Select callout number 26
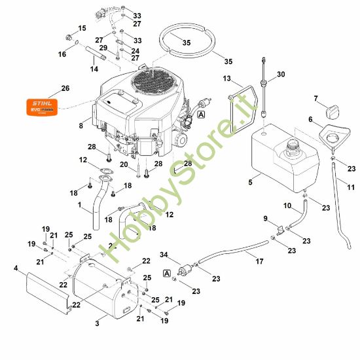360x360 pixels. click(65, 88)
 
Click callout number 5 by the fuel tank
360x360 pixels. click(250, 182)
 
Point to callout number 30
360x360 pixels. click(281, 75)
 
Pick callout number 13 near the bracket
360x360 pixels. click(226, 79)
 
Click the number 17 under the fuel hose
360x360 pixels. click(259, 261)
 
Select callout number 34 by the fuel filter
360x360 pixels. click(164, 255)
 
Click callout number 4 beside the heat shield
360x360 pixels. click(16, 268)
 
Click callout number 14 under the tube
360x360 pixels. click(94, 69)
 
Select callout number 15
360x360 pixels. click(82, 28)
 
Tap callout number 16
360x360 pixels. click(63, 54)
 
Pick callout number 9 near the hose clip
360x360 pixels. click(265, 218)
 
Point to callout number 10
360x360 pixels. click(287, 206)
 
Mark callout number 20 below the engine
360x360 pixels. click(124, 164)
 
